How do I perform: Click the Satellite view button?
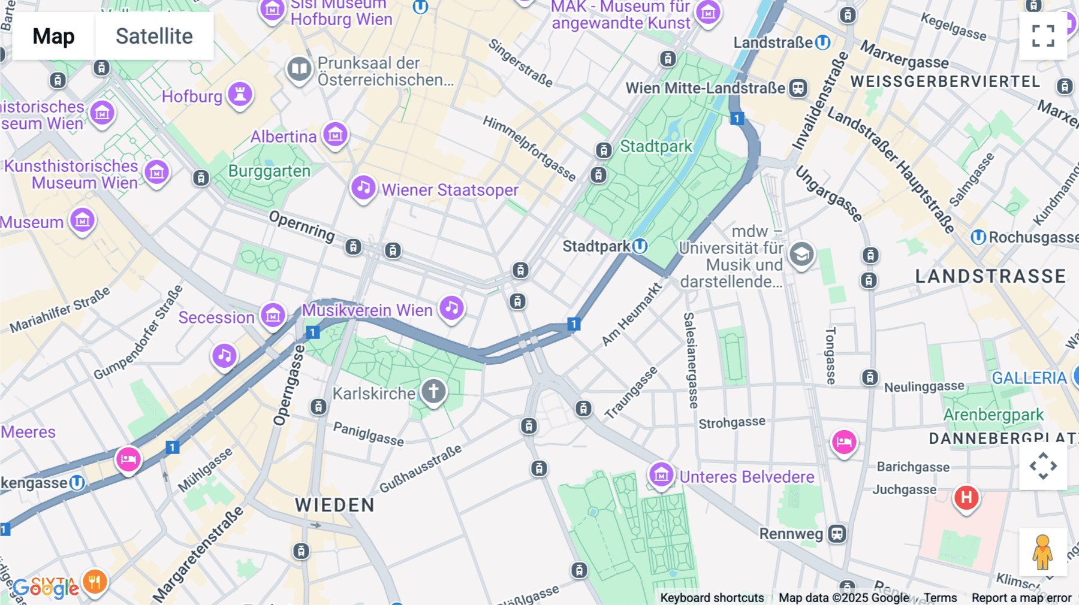[154, 36]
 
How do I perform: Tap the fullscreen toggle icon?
[1043, 36]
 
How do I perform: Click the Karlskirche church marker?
[433, 392]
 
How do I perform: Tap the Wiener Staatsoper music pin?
[363, 188]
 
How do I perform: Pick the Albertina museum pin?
[335, 135]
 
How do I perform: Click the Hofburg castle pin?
[240, 94]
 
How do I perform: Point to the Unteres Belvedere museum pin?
[661, 475]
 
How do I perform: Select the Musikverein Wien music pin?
[451, 308]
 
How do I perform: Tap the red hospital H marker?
[966, 497]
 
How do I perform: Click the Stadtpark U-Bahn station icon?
[640, 246]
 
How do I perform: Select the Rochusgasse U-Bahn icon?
[978, 237]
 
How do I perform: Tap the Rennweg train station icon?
[837, 533]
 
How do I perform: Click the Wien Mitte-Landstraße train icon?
[798, 88]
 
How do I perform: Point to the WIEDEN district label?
[334, 505]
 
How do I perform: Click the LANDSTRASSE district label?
[990, 276]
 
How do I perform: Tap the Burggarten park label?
[269, 171]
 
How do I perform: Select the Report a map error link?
[1021, 597]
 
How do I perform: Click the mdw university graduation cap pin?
[801, 254]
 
